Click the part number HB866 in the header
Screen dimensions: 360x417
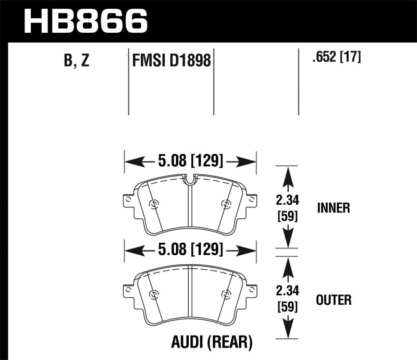pos(87,21)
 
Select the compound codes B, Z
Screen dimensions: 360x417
pos(77,61)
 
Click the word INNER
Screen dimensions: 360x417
pos(333,208)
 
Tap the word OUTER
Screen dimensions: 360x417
pos(334,300)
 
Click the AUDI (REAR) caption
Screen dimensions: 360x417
pos(212,342)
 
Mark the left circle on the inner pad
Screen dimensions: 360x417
pos(153,204)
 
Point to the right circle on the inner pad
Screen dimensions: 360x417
pos(226,204)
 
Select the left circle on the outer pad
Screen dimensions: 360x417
pos(153,294)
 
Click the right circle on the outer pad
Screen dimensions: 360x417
pos(226,294)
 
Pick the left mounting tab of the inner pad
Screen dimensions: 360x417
pos(127,201)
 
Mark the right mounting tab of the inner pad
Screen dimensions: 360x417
pos(252,201)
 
